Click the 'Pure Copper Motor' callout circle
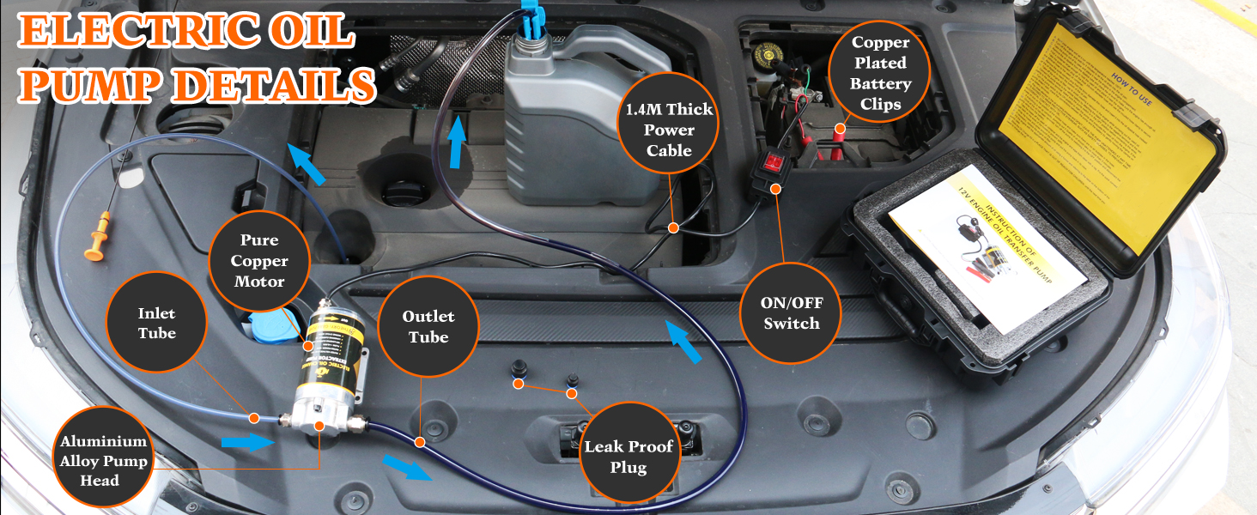[x=258, y=260]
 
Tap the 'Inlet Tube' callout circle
[x=156, y=323]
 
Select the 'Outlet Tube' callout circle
[x=428, y=326]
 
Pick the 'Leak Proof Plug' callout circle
[x=628, y=457]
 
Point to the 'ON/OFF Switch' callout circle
[x=791, y=313]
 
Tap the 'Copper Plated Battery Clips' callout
[x=880, y=74]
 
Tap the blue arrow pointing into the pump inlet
[x=246, y=441]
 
